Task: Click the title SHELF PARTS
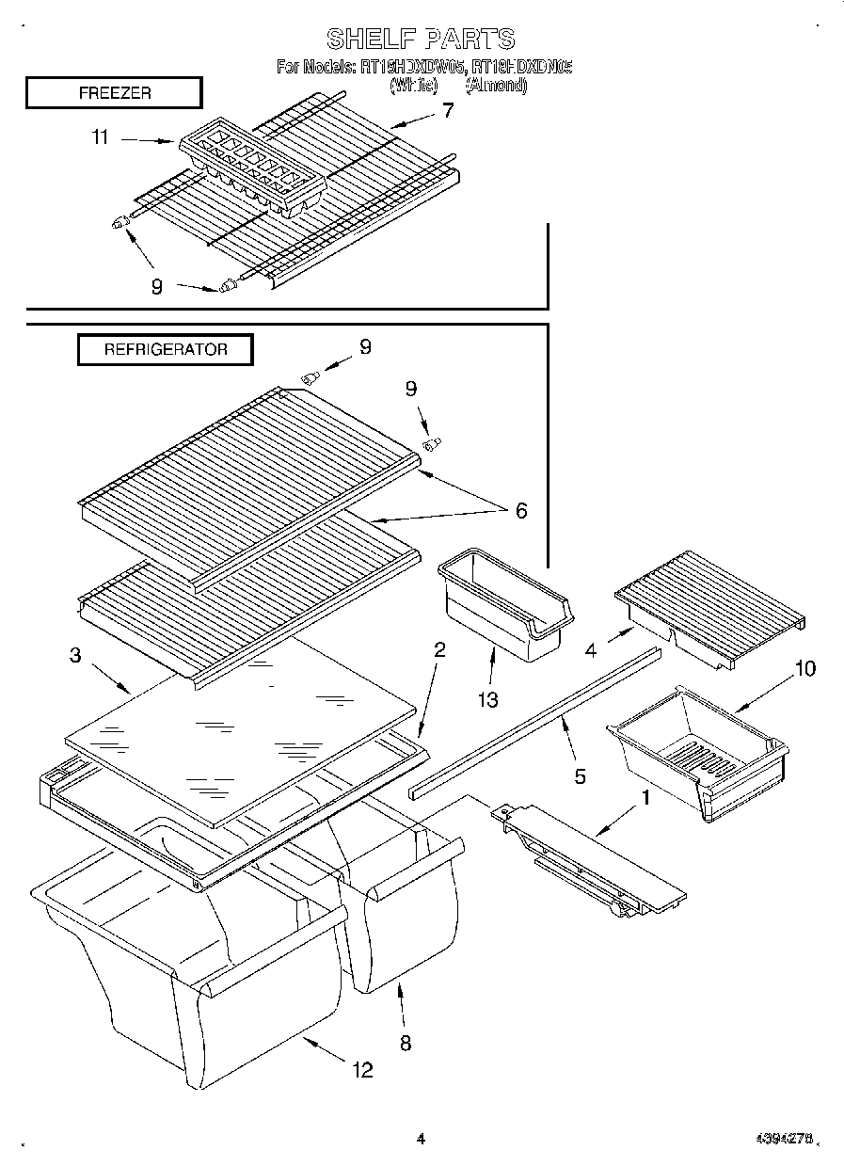point(421,39)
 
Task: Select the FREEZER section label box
point(114,93)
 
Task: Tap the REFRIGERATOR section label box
point(166,349)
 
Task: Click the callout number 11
point(100,137)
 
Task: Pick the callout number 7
point(447,110)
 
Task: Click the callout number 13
point(487,699)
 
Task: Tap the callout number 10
point(805,668)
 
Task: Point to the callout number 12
point(360,1069)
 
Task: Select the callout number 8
point(405,1043)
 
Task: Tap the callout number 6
point(519,511)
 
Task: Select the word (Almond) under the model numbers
point(496,85)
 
